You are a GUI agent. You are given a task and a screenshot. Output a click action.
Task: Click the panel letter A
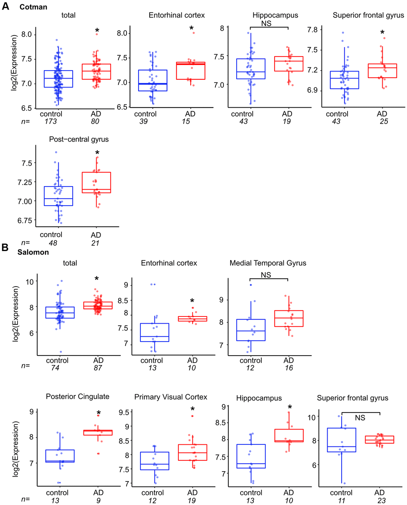click(5, 7)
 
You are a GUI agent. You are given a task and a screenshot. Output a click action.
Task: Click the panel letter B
click(5, 247)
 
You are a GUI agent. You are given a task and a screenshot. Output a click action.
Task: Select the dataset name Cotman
click(33, 7)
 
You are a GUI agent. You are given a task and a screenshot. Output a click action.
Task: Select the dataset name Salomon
click(33, 252)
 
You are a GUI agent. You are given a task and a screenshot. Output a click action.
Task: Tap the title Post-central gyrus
click(79, 139)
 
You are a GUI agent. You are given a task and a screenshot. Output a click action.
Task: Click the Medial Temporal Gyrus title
click(268, 263)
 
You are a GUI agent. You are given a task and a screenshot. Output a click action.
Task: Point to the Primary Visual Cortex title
click(171, 397)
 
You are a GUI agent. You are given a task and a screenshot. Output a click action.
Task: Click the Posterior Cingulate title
click(77, 397)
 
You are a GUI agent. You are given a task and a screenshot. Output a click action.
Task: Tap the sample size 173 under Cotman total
click(51, 121)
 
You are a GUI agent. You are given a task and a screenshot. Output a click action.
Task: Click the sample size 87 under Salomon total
click(98, 367)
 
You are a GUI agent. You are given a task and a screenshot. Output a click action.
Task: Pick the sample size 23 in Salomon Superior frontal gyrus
click(381, 501)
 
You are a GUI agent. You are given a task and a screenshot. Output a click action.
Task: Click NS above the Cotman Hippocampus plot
click(267, 23)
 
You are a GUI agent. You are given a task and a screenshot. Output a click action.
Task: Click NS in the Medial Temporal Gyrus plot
click(266, 275)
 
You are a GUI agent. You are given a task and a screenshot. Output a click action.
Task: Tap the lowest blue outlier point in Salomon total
click(61, 352)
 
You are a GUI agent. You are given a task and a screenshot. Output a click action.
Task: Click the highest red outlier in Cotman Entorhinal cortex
click(194, 33)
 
